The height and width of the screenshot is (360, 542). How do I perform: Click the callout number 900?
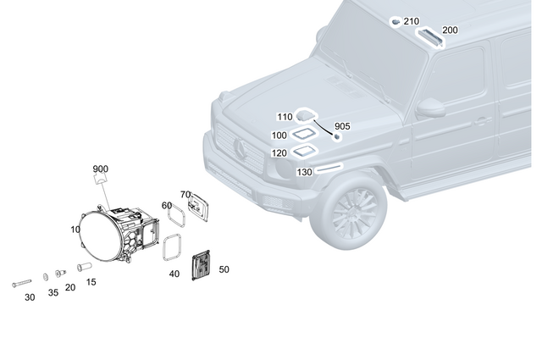101,169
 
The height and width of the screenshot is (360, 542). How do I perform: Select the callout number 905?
341,125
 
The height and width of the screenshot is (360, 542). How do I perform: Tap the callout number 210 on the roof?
411,21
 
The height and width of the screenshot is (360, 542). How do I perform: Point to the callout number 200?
450,30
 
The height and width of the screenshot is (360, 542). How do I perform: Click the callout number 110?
284,117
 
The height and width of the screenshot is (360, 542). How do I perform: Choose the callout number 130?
304,172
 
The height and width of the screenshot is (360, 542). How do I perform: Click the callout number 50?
224,269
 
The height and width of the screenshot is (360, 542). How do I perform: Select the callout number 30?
30,297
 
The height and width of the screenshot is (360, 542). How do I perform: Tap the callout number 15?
91,282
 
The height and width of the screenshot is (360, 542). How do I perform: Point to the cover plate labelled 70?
198,208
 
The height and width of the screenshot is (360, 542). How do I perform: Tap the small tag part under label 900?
101,179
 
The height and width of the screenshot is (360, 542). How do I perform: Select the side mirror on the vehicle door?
431,107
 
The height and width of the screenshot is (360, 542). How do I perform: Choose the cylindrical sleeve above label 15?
85,267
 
